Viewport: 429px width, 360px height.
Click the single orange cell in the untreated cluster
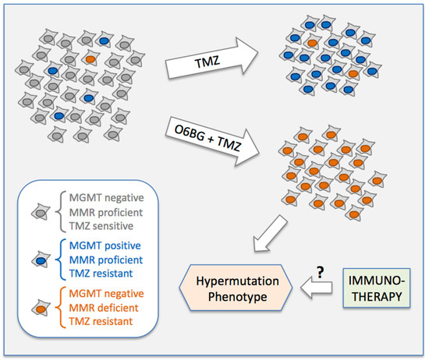(90, 58)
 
